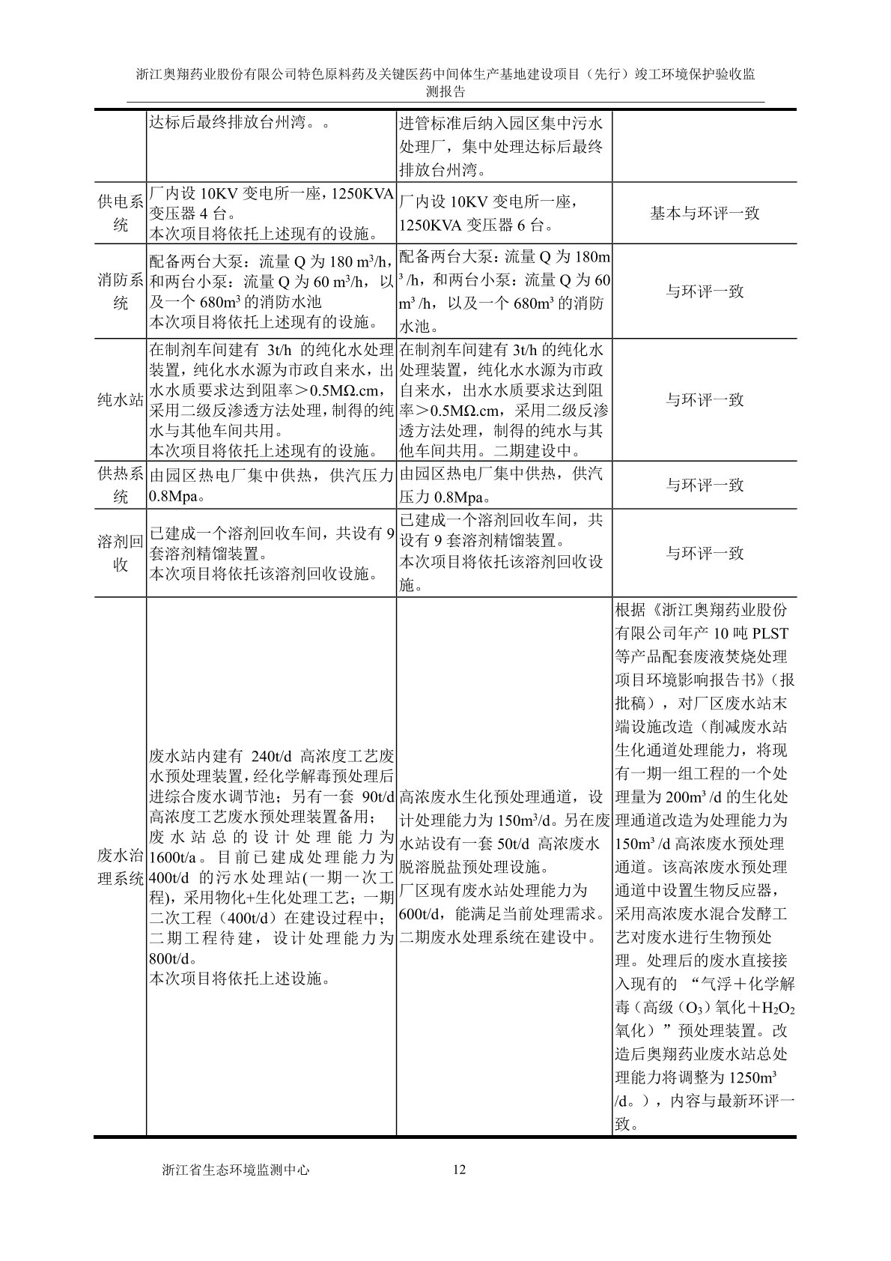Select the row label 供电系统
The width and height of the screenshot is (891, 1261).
coord(121,213)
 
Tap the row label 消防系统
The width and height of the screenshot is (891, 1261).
coord(121,291)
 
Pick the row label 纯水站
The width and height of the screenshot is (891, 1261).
coord(121,400)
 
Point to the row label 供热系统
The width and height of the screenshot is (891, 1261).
coord(121,486)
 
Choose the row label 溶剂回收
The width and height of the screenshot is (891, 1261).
coord(121,554)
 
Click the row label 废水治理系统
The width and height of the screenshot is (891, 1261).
coord(121,867)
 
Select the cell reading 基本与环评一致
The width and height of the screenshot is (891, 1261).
coord(705,213)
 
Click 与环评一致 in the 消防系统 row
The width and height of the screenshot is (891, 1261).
coord(705,291)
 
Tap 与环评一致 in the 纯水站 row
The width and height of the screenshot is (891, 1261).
coord(705,400)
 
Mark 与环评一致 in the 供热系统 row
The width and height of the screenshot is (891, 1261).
coord(705,486)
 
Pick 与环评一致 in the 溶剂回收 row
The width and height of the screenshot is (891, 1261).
coord(705,554)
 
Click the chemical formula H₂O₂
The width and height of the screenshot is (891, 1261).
coord(779,1008)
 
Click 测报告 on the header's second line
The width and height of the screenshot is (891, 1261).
coord(445,92)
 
